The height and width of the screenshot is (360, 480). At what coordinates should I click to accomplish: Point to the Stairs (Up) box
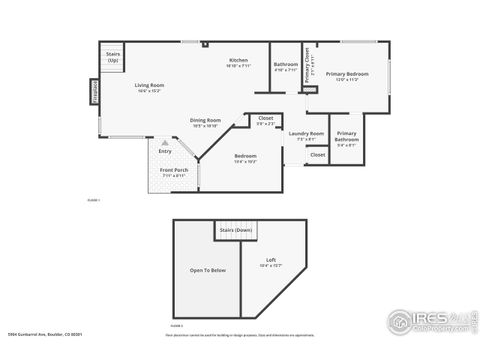112,56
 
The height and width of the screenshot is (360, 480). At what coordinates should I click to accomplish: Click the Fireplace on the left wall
96,91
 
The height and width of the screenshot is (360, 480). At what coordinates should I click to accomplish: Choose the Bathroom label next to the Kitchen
286,67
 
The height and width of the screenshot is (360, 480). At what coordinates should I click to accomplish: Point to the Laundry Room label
306,135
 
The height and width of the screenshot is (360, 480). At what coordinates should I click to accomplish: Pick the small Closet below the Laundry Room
317,155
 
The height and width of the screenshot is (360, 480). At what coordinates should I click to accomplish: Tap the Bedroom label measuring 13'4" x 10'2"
245,157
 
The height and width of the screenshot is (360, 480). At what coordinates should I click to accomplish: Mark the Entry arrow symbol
164,143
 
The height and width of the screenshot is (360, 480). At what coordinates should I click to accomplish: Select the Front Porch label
174,172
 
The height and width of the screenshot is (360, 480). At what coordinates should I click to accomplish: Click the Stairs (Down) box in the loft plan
235,230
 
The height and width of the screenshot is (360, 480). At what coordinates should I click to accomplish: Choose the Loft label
270,262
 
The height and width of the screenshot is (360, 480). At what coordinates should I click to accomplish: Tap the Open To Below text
208,270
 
